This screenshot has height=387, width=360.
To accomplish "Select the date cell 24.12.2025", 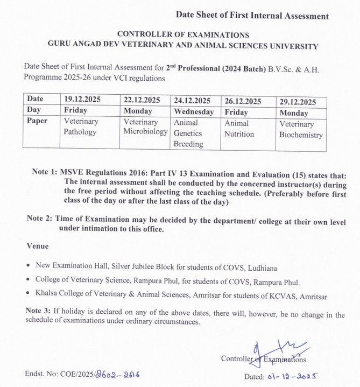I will pos(192,101).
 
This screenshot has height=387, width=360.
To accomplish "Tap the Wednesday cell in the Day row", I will pos(193,112).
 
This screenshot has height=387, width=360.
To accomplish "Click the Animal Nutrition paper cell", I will pos(239,128).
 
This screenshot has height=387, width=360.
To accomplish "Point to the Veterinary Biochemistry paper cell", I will pos(301,130).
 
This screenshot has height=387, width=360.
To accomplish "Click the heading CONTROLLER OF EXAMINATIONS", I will pos(183,35).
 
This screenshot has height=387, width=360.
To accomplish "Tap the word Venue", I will pos(37,246).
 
